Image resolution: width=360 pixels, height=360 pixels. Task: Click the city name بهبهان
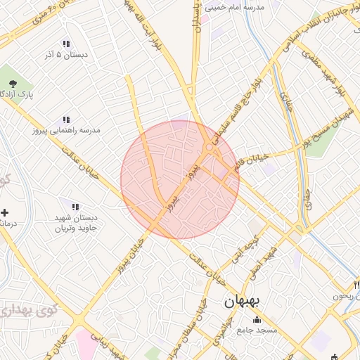click(242, 302)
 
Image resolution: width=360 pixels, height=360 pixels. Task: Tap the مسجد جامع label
click(257, 330)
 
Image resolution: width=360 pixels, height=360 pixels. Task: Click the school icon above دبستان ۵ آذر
click(66, 44)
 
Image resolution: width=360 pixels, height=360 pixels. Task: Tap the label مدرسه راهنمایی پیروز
click(66, 131)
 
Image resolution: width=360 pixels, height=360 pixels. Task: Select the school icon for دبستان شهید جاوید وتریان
click(75, 207)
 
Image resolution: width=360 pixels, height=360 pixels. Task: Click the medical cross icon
click(5, 212)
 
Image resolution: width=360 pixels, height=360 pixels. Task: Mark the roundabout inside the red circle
click(210, 148)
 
